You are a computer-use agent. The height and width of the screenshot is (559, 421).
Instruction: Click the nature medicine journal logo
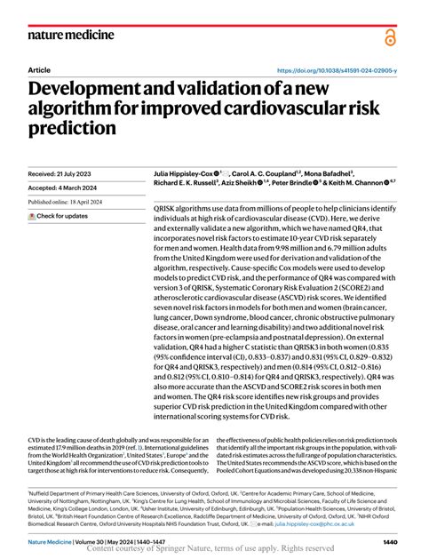point(71,35)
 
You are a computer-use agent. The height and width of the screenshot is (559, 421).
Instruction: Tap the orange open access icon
point(389,36)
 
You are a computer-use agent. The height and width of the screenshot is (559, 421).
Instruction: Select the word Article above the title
point(39,69)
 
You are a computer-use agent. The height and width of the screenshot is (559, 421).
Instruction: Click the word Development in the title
point(85,89)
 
